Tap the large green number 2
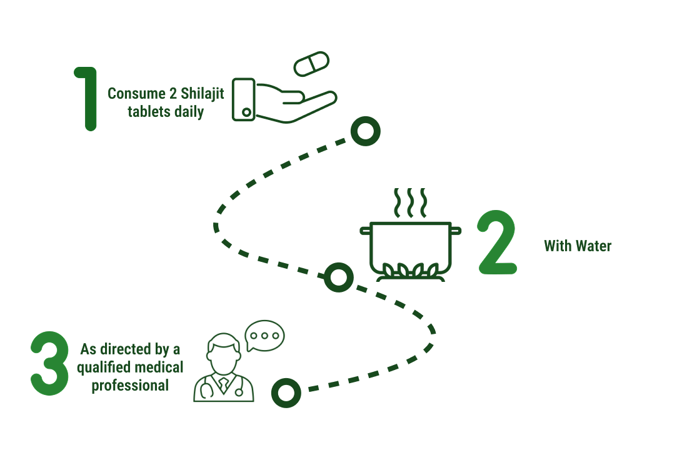tap(498, 244)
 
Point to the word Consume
tap(132, 93)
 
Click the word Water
tap(593, 246)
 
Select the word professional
tap(130, 385)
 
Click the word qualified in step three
tap(99, 367)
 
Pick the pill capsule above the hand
tap(311, 64)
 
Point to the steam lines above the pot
tap(409, 202)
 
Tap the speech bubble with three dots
tap(264, 336)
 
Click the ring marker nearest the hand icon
tap(365, 132)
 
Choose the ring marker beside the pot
tap(339, 277)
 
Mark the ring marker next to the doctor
tap(286, 392)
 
